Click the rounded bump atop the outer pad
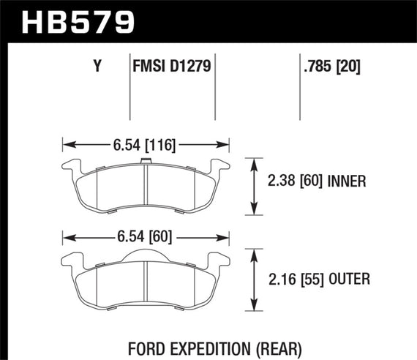click(146, 253)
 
